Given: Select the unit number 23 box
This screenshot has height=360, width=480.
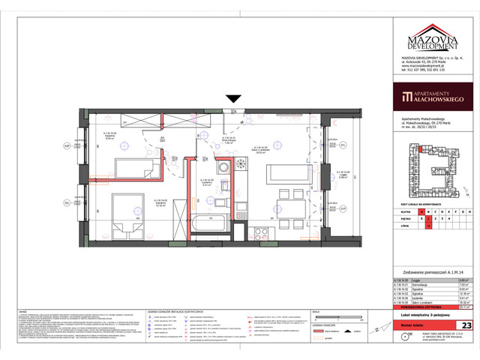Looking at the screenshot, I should pyautogui.click(x=466, y=325).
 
